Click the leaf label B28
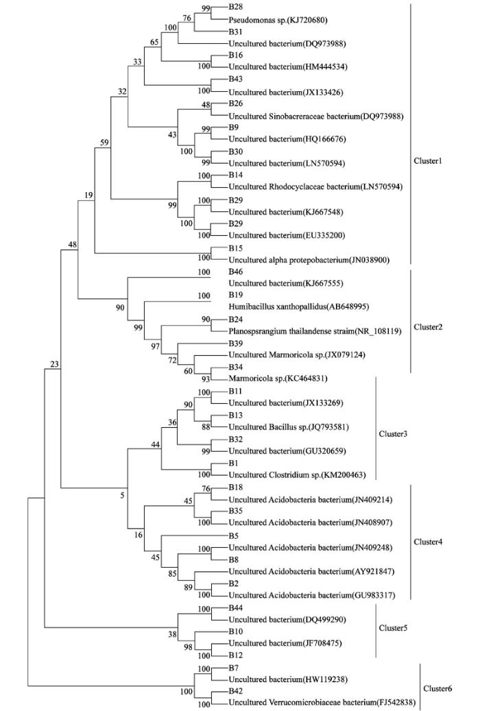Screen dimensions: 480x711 pyautogui.click(x=235, y=8)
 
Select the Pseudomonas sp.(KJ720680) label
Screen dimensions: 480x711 pyautogui.click(x=278, y=20)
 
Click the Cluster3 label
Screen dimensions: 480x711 pyautogui.click(x=393, y=434)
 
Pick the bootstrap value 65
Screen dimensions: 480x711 pyautogui.click(x=154, y=43)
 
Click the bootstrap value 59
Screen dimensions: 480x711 pyautogui.click(x=104, y=143)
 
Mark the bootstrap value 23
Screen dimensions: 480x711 pyautogui.click(x=54, y=364)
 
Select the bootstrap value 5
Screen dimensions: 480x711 pyautogui.click(x=122, y=495)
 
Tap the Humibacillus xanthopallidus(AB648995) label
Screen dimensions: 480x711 pyautogui.click(x=298, y=307)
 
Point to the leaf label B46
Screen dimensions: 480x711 pyautogui.click(x=235, y=272)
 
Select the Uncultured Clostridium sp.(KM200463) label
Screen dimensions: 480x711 pyautogui.click(x=297, y=475)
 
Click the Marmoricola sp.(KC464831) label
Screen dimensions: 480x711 pyautogui.click(x=278, y=378)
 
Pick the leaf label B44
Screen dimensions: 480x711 pyautogui.click(x=235, y=607)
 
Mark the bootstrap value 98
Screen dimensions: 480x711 pyautogui.click(x=189, y=647)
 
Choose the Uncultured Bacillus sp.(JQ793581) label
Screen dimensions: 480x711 pyautogui.click(x=289, y=426)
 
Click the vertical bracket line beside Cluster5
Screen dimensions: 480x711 pyautogui.click(x=376, y=630)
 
